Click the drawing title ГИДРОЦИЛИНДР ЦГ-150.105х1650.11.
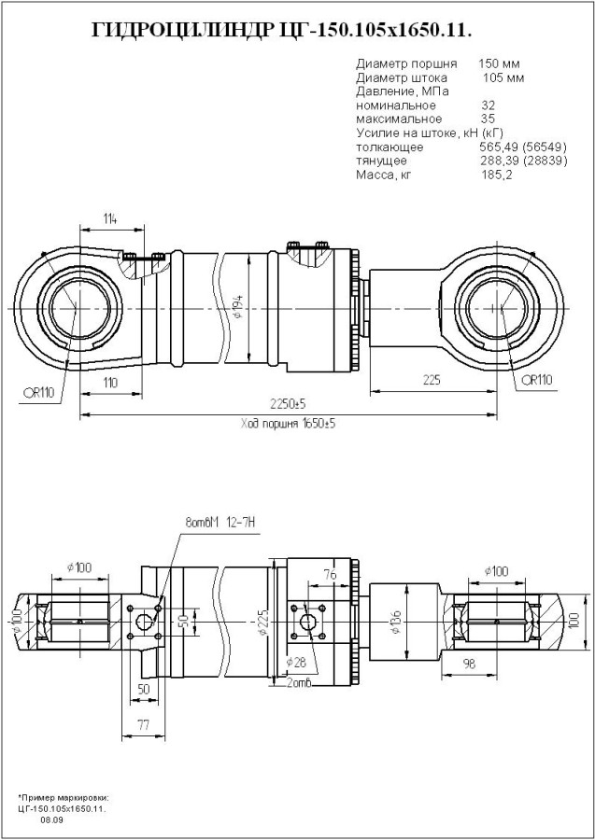[280, 31]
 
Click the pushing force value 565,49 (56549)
[512, 147]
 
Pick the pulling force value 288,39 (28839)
[512, 161]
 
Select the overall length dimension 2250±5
[288, 404]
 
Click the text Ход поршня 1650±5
[288, 423]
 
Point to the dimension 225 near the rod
[431, 380]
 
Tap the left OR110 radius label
[37, 392]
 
